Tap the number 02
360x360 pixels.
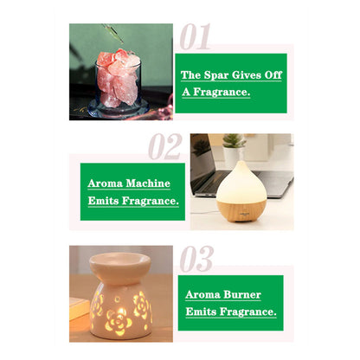164,146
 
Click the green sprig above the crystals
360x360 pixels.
111,35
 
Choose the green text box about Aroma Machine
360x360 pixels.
132,192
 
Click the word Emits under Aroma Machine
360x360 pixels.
106,201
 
